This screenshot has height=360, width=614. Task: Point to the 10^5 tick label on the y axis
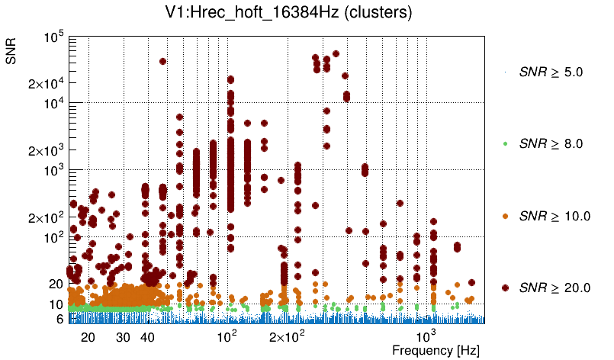(x=53, y=37)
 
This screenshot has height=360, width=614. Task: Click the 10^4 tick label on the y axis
(x=53, y=103)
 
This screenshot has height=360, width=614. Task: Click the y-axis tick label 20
(x=55, y=284)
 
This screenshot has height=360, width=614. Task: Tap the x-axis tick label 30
(x=123, y=337)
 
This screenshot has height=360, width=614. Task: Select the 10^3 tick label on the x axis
(x=426, y=336)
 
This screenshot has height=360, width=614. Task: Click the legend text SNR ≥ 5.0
(x=551, y=72)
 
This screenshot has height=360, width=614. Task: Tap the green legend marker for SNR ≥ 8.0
(x=505, y=143)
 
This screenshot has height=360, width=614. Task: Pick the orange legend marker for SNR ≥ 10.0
(x=505, y=216)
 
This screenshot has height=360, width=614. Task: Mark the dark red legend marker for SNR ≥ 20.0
(x=505, y=288)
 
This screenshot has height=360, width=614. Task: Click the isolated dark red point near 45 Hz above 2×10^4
(x=162, y=61)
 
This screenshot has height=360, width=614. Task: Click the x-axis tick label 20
(x=88, y=337)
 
